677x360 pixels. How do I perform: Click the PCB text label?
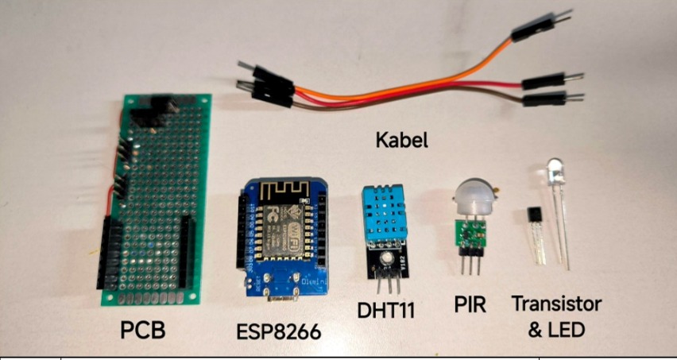[x=143, y=330]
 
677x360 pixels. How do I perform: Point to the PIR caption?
[x=470, y=304]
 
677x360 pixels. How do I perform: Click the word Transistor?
[x=557, y=304]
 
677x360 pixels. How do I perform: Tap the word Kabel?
[x=401, y=141]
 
